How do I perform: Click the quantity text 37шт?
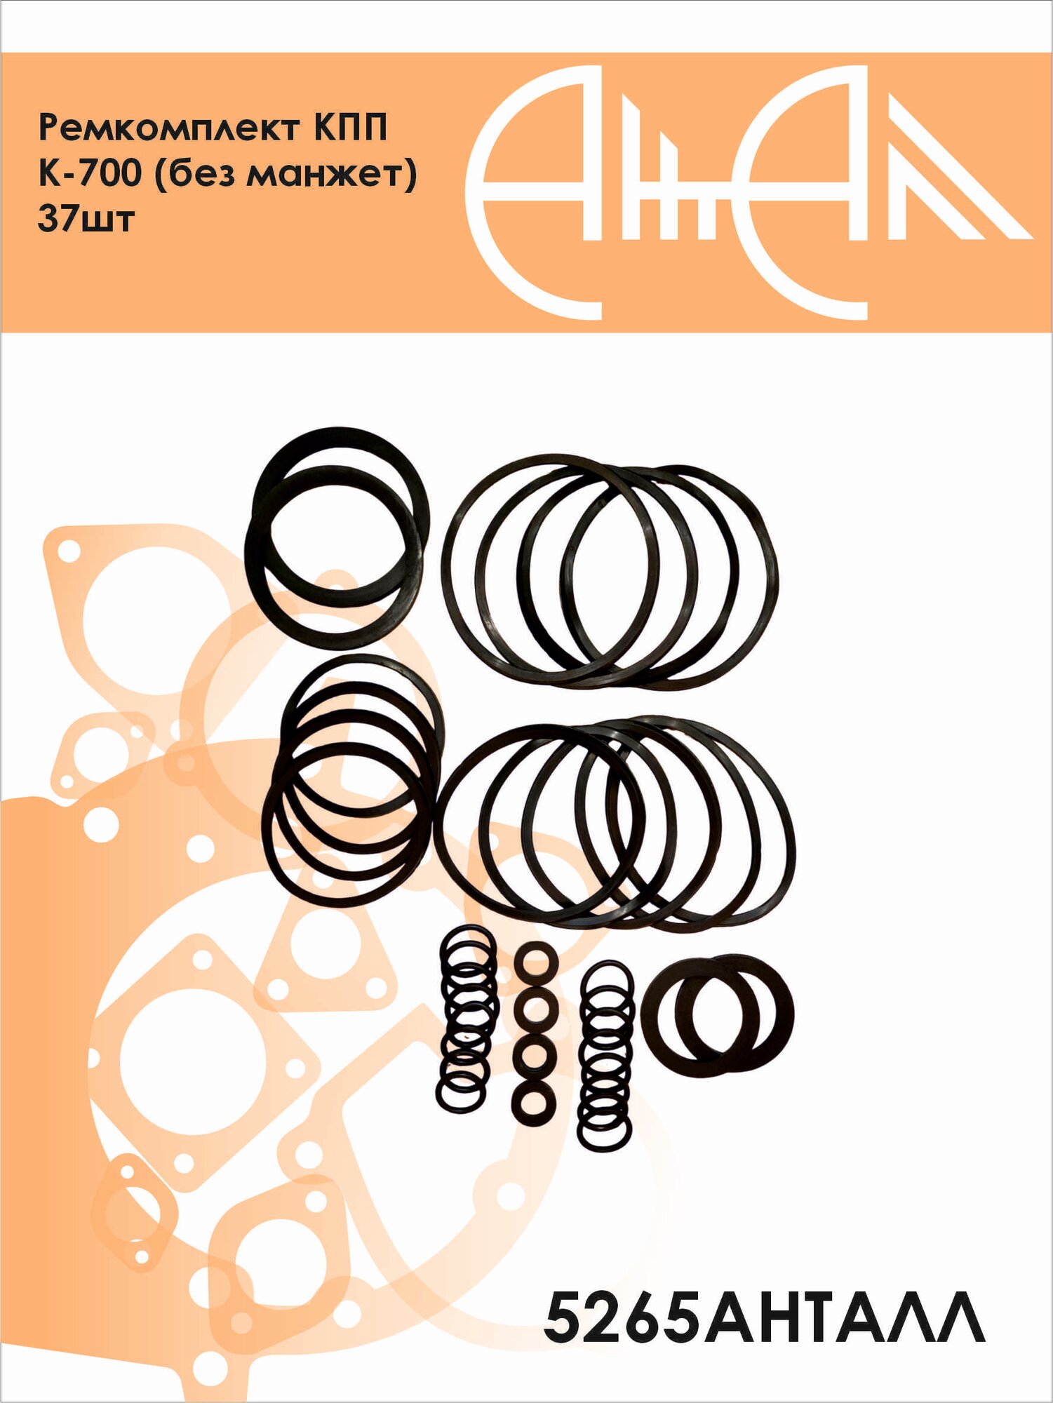(x=86, y=219)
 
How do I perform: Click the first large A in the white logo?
(x=533, y=193)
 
